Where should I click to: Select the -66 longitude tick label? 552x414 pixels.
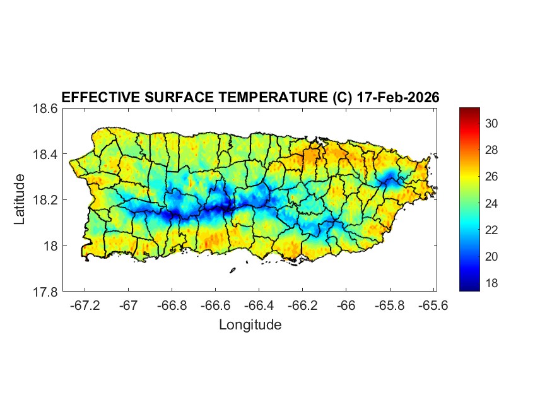click(346, 305)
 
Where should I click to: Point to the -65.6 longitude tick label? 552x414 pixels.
click(433, 305)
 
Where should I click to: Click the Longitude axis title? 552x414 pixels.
click(250, 325)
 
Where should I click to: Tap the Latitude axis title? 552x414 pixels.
click(20, 199)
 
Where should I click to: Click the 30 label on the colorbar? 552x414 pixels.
click(491, 124)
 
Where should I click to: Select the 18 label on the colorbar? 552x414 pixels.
click(491, 283)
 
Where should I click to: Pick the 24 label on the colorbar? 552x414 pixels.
click(491, 203)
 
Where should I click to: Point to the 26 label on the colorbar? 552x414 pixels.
click(491, 177)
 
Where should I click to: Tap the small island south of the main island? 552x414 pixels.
click(232, 271)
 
